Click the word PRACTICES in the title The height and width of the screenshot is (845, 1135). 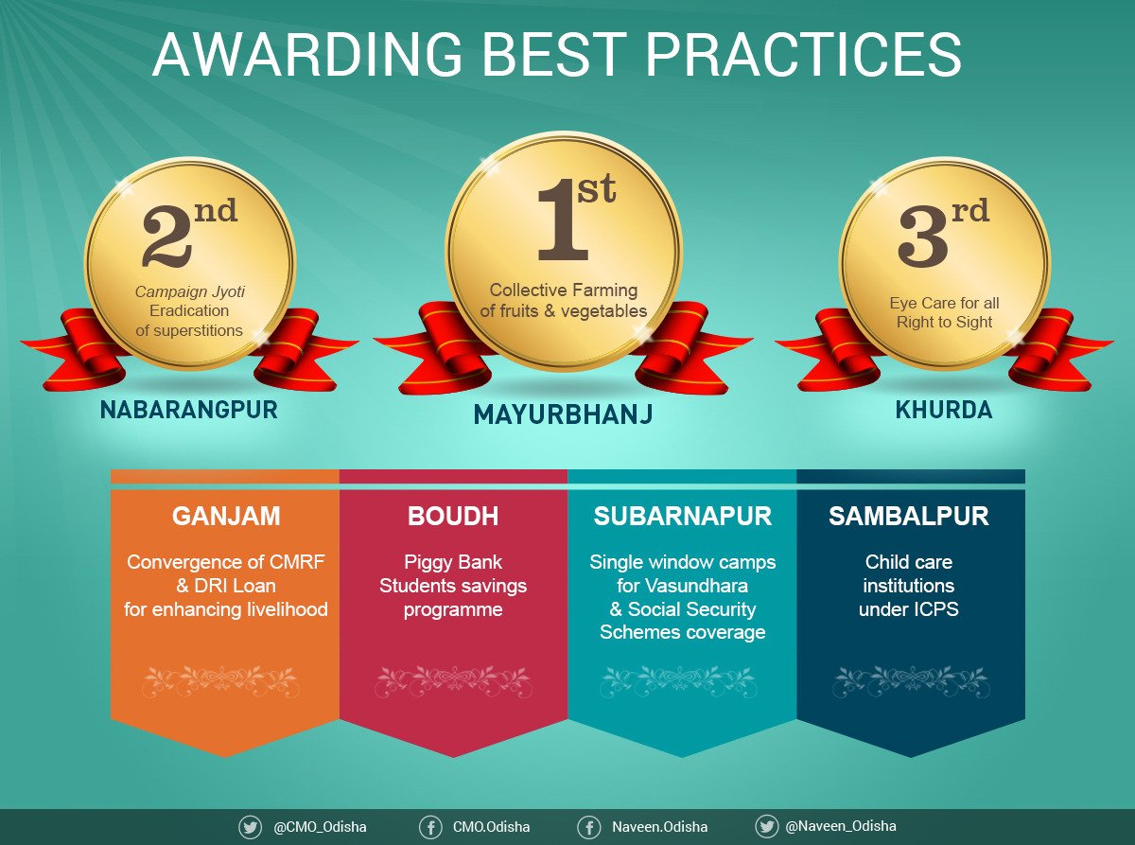pos(804,54)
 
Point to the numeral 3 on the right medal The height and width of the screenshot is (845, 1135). pos(922,237)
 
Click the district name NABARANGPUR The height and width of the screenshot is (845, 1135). pos(189,410)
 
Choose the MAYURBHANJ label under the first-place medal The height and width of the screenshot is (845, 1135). pos(563,414)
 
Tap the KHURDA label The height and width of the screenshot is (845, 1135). pos(944,410)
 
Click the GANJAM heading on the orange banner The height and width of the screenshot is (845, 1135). pos(226,516)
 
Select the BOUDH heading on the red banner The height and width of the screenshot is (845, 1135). pos(453,516)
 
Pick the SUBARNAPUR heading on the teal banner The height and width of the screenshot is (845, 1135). pos(682,516)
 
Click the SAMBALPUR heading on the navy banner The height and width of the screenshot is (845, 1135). pos(909,516)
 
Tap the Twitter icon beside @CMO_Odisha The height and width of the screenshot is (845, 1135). pos(251,827)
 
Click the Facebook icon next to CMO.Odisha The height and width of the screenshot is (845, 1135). pos(430,827)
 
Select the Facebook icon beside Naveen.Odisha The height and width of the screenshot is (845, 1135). pos(588,827)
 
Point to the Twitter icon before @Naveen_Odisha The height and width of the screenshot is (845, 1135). pos(766,826)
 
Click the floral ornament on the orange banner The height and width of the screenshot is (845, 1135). pos(220,681)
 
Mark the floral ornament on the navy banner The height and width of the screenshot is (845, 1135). pos(911,681)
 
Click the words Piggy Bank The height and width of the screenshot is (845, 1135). pos(453,562)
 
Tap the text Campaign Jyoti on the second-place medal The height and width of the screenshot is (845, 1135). pos(190,291)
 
